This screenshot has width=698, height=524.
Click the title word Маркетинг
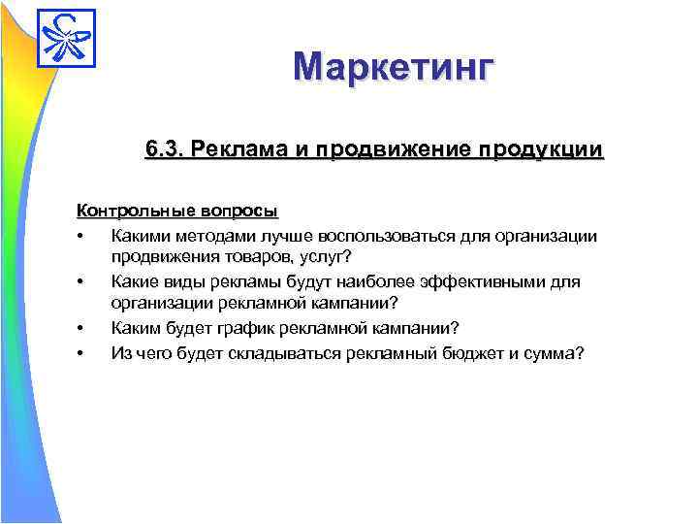[394, 68]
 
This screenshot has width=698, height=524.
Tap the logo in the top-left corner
[67, 36]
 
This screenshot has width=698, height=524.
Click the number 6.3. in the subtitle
[165, 150]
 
